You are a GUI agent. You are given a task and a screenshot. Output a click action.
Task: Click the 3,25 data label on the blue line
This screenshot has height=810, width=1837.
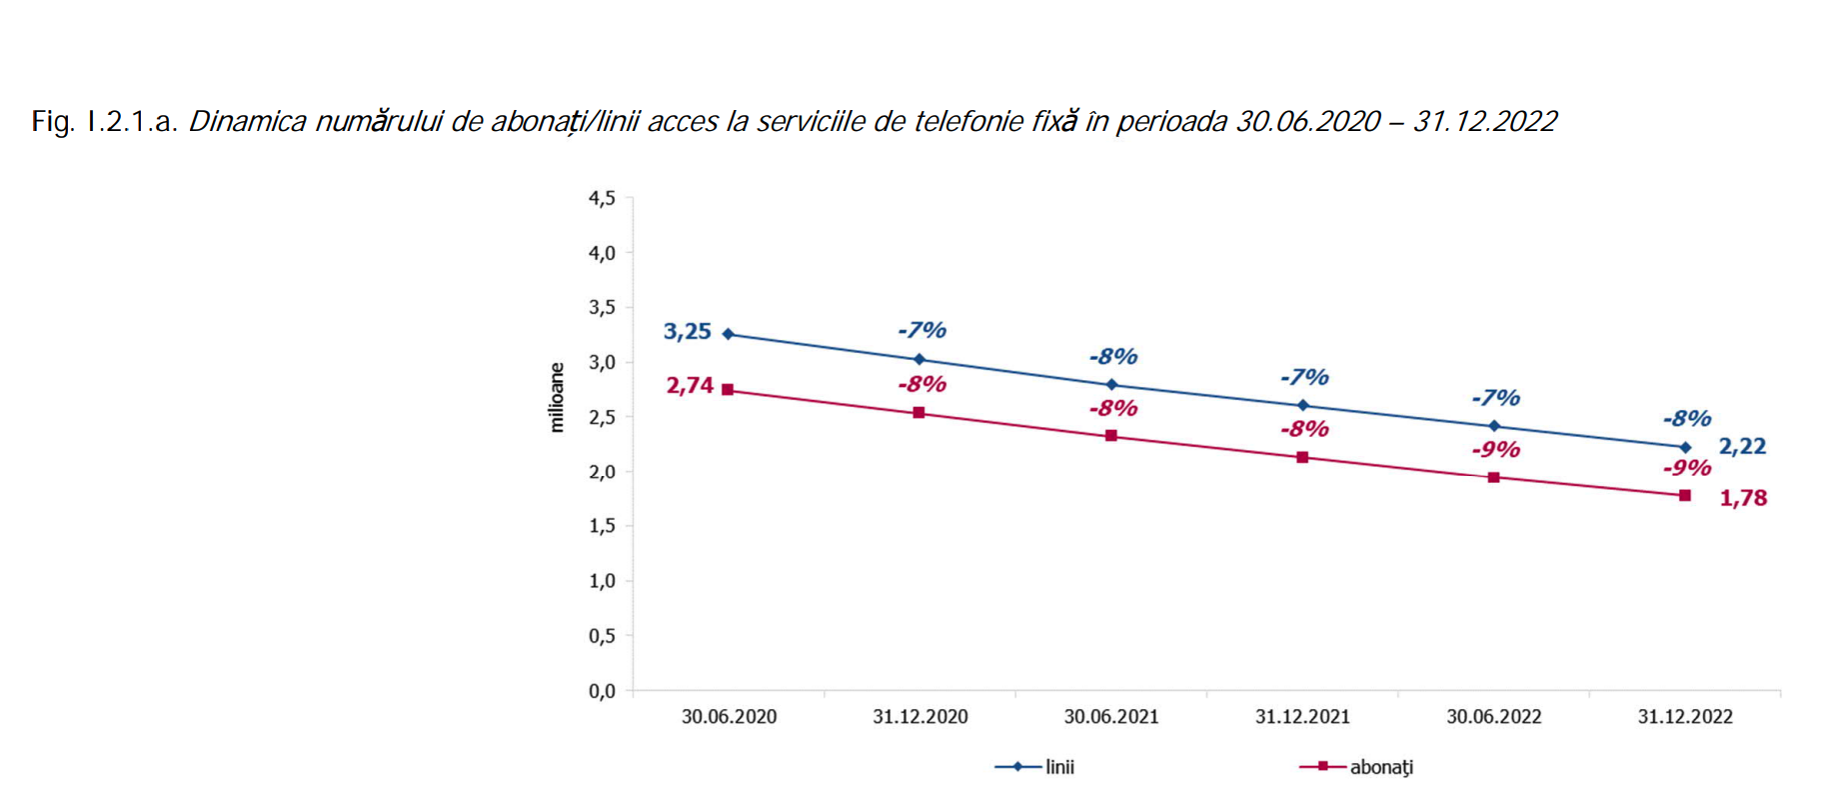click(x=687, y=332)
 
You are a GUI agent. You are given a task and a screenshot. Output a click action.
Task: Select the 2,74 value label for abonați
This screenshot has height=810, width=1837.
click(x=690, y=386)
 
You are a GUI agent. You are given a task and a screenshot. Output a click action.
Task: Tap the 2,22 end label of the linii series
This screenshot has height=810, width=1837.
click(x=1742, y=447)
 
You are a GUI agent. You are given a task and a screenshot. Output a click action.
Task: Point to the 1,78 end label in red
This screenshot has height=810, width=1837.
click(x=1743, y=498)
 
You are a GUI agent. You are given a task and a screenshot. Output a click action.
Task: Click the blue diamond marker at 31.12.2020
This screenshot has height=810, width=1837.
click(x=919, y=359)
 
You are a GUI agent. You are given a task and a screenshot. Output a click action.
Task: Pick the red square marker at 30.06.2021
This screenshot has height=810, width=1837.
click(x=1111, y=436)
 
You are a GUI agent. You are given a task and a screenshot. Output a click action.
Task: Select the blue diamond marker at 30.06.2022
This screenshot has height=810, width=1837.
click(x=1494, y=426)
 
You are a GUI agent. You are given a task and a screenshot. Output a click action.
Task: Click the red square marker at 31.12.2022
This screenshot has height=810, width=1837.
click(x=1685, y=496)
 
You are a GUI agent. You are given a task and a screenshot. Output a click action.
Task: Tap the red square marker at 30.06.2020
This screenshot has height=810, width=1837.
click(x=728, y=390)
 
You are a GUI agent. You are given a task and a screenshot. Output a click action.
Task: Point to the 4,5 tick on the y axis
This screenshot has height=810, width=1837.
click(x=602, y=199)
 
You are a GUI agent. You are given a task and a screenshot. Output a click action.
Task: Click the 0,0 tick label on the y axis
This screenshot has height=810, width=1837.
click(x=602, y=691)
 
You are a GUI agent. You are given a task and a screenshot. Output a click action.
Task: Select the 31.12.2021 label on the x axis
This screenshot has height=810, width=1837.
click(x=1302, y=717)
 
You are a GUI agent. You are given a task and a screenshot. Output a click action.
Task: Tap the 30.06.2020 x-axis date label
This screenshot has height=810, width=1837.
click(x=729, y=717)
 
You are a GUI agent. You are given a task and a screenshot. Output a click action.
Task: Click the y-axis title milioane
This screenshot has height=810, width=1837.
click(x=557, y=398)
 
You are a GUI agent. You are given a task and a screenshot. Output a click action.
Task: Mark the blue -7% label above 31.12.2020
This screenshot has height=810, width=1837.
click(x=921, y=330)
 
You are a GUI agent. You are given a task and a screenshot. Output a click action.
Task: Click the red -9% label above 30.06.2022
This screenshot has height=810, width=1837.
click(x=1495, y=450)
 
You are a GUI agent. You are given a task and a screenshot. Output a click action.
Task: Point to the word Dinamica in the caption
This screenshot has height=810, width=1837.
click(x=247, y=122)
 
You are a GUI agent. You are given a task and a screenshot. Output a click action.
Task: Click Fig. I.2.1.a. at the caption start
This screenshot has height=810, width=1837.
click(x=104, y=122)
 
